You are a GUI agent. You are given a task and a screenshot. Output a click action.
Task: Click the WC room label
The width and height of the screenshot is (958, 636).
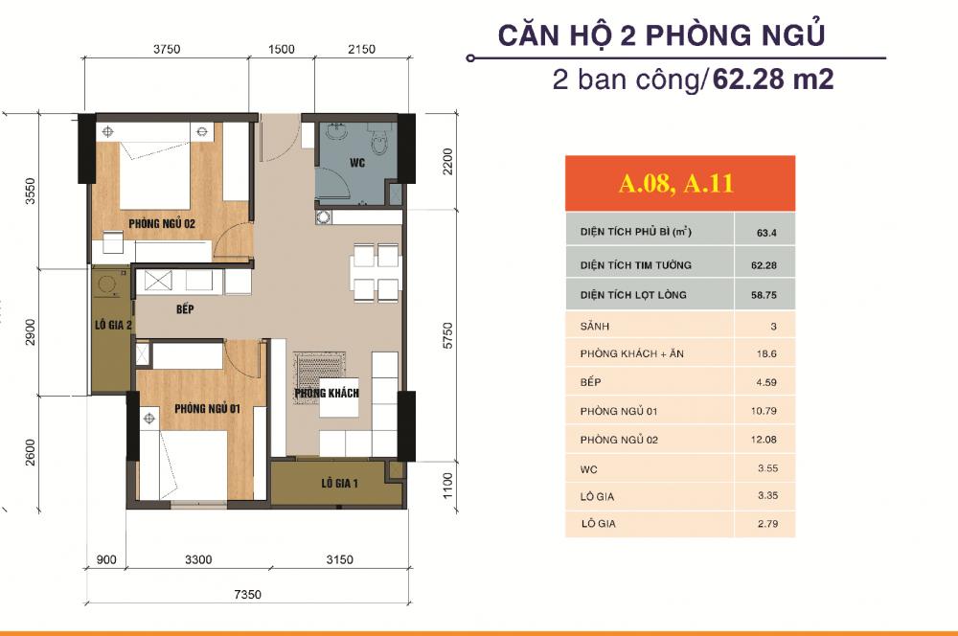pyautogui.click(x=357, y=163)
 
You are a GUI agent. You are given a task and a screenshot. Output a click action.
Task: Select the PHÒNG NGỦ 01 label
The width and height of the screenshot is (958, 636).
pyautogui.click(x=206, y=409)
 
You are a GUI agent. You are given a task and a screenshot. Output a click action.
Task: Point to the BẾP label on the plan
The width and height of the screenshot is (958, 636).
pyautogui.click(x=186, y=309)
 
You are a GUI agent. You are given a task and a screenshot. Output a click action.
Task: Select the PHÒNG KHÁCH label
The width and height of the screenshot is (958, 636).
pyautogui.click(x=327, y=394)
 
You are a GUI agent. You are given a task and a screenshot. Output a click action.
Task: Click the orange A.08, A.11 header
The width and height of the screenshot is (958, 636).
pyautogui.click(x=676, y=183)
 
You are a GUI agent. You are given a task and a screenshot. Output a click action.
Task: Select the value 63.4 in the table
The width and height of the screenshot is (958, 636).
pyautogui.click(x=764, y=233)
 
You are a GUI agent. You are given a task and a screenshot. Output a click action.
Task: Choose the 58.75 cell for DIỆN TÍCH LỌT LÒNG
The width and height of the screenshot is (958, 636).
pyautogui.click(x=764, y=295)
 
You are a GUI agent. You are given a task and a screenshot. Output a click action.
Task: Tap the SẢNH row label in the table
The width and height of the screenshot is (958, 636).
pyautogui.click(x=595, y=326)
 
